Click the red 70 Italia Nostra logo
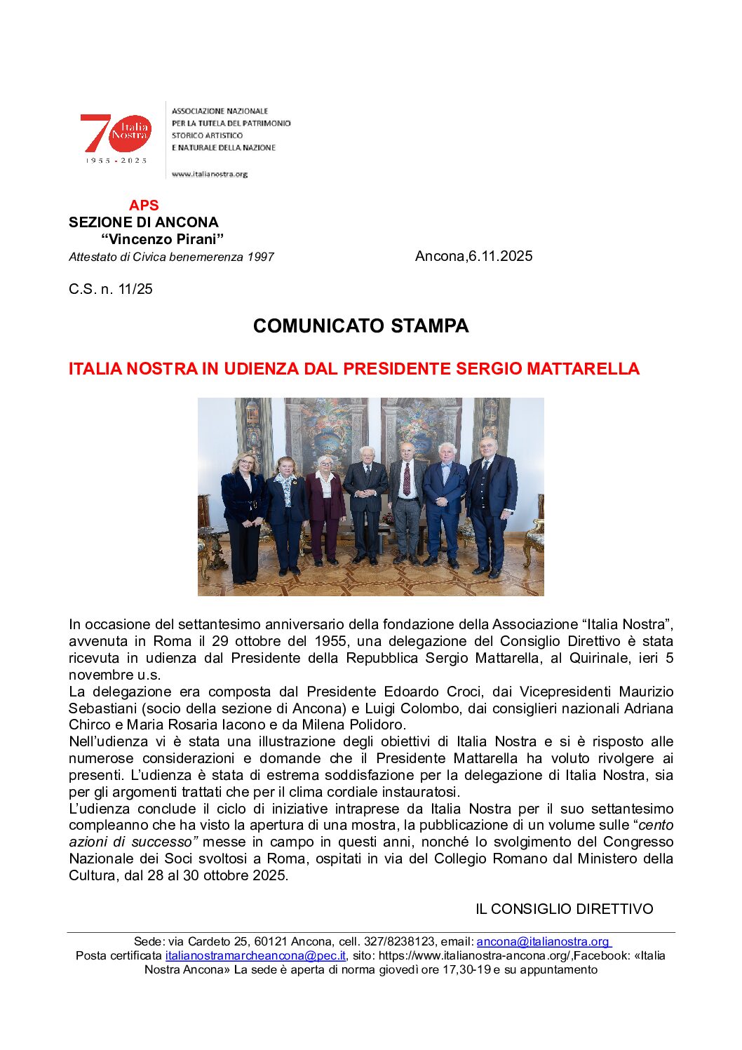coord(116,135)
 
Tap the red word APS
coord(144,206)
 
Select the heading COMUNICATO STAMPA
coord(360,326)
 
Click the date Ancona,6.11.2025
coord(473,256)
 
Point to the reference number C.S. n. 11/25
coord(111,289)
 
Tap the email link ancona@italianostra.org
coord(543,942)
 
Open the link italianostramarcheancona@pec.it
coord(255,956)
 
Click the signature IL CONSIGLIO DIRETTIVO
coord(564,909)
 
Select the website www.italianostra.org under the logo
coord(210,174)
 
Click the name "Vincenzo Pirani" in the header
coord(163,239)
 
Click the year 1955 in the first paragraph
coord(330,641)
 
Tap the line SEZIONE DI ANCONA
coord(144,222)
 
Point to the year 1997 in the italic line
coord(260,257)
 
